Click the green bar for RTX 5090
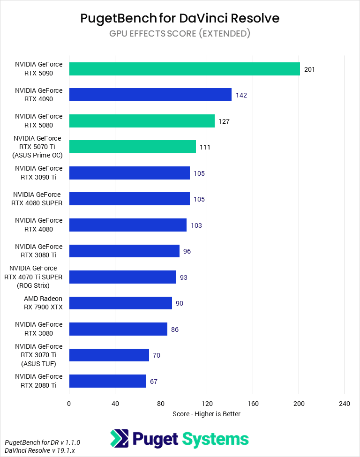184,69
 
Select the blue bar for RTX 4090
150,95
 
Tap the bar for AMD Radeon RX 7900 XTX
120,303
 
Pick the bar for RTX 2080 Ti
107,381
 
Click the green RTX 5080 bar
142,121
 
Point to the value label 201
309,69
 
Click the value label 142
241,95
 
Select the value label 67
154,382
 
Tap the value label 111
205,147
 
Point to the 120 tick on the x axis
207,404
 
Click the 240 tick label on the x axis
345,404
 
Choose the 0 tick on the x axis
69,404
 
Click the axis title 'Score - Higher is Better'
206,414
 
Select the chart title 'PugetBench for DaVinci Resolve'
180,18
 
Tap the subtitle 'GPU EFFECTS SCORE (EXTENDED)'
180,34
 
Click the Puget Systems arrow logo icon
120,439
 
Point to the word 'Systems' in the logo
215,439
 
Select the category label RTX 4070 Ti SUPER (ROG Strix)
36,277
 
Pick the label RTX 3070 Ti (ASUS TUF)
38,355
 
